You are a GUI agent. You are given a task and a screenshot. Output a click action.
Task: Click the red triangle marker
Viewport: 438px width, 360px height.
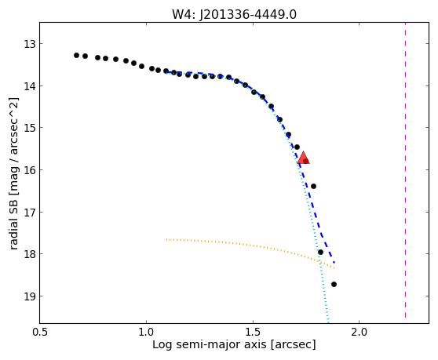[303, 158]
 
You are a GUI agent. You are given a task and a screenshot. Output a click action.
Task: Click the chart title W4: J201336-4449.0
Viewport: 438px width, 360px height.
[234, 14]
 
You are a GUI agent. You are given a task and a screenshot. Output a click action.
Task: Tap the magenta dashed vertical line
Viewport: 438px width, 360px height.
[405, 170]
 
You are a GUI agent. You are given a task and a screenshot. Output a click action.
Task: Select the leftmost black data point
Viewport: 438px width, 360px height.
[77, 55]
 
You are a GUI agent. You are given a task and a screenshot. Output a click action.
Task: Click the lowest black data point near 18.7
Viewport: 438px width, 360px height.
[334, 285]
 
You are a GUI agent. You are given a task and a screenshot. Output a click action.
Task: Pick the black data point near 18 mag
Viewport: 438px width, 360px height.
[320, 253]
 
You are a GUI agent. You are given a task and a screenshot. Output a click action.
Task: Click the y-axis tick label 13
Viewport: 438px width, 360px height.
[29, 44]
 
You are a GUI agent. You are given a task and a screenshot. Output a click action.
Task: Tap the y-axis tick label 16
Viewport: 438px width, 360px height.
[29, 170]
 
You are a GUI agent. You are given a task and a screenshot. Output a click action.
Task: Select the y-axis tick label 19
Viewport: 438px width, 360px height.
[29, 296]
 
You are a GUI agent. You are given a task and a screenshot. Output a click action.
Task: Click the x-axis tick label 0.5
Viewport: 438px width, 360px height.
[40, 333]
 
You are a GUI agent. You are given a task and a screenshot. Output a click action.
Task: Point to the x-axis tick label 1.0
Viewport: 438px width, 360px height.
[146, 333]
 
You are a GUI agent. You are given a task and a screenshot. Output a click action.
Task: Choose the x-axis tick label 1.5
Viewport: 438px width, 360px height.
[253, 333]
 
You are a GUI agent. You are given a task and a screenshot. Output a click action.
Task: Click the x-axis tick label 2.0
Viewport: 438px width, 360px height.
[360, 333]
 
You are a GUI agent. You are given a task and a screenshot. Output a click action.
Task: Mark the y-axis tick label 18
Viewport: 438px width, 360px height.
[29, 254]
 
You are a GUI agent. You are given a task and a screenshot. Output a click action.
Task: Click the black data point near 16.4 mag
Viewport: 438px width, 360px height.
[313, 186]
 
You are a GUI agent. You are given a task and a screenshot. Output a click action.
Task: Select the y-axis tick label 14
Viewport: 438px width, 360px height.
[29, 86]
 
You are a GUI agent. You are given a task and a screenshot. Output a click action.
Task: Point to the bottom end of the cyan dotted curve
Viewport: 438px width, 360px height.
[328, 322]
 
